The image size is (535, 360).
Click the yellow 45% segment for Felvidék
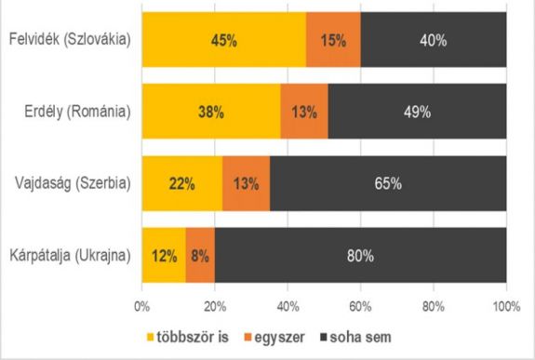coord(223,41)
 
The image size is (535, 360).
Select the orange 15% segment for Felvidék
coord(333,41)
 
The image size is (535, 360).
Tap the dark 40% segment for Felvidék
coord(433,41)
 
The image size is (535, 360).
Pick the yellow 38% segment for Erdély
coord(210,112)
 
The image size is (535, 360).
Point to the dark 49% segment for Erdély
coord(417,112)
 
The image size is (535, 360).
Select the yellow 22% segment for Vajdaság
coord(181,182)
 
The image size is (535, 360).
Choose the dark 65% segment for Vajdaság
coord(388,182)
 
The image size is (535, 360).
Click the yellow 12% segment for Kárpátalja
coord(164,253)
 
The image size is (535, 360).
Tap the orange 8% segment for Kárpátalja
coord(200,253)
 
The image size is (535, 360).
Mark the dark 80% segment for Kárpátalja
coord(360,253)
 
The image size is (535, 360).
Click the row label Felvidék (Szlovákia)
coord(68,41)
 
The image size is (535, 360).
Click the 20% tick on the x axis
coord(215,302)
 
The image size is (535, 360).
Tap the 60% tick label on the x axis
coord(360,302)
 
